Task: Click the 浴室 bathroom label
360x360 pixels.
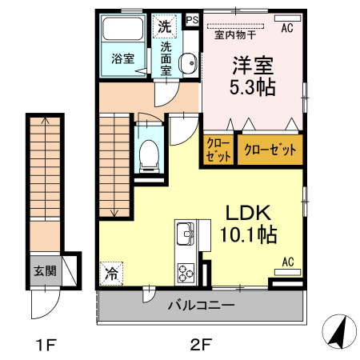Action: (x=122, y=58)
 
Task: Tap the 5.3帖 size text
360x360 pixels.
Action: (x=254, y=86)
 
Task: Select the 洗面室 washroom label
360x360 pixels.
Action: (x=166, y=58)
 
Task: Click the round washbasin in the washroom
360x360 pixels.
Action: (x=189, y=65)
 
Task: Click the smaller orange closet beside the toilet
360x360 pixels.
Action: (x=218, y=150)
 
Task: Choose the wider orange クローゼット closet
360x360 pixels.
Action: (x=270, y=150)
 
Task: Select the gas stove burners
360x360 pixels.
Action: (x=186, y=271)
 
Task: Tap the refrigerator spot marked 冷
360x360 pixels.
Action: (x=112, y=273)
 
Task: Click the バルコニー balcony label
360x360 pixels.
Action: (x=201, y=306)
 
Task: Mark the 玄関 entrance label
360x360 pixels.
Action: (x=45, y=270)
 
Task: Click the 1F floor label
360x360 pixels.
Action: (x=45, y=346)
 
